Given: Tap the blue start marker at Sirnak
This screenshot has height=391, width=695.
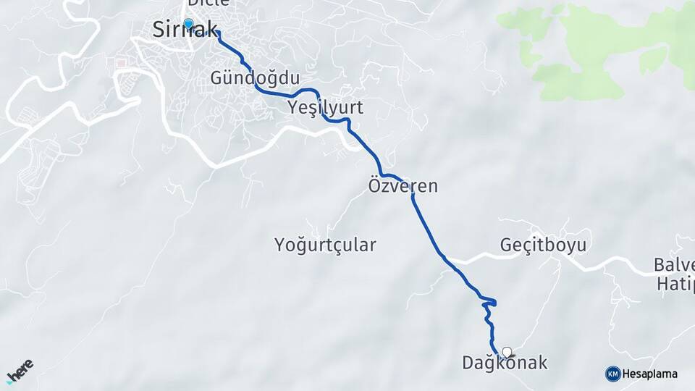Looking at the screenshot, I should (189, 25).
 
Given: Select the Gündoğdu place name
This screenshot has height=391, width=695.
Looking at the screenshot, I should (255, 77).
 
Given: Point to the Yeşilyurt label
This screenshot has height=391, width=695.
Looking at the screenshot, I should (325, 108).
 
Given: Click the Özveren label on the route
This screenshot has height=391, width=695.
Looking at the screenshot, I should (403, 186).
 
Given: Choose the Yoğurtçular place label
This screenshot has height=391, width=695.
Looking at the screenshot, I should (325, 245).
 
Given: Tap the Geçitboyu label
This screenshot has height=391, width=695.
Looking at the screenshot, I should (543, 245).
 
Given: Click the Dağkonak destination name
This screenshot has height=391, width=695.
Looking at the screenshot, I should (505, 363).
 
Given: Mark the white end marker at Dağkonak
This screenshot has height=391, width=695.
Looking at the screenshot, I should (507, 353).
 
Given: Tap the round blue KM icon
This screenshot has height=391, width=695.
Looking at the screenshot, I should (612, 374).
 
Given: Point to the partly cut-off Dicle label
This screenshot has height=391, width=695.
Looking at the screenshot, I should (208, 3).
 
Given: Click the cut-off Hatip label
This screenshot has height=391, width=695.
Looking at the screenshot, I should (675, 283).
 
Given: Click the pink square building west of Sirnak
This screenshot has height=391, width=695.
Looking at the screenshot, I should (120, 64).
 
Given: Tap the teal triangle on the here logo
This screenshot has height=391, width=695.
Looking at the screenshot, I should (10, 379).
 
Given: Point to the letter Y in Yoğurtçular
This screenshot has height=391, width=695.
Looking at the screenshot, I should (281, 245).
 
